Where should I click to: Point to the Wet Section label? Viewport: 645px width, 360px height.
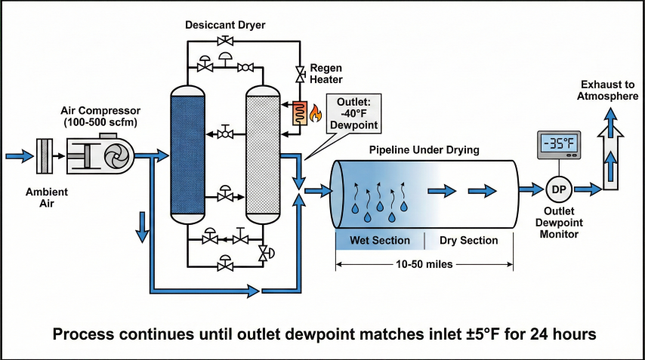click(x=379, y=241)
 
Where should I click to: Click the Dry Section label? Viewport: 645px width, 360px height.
click(x=468, y=241)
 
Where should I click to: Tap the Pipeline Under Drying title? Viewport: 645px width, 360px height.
click(x=424, y=150)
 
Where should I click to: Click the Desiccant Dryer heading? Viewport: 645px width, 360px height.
click(x=224, y=25)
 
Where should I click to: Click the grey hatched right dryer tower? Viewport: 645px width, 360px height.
click(x=264, y=155)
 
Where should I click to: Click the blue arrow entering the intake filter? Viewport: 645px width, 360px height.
click(x=19, y=156)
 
